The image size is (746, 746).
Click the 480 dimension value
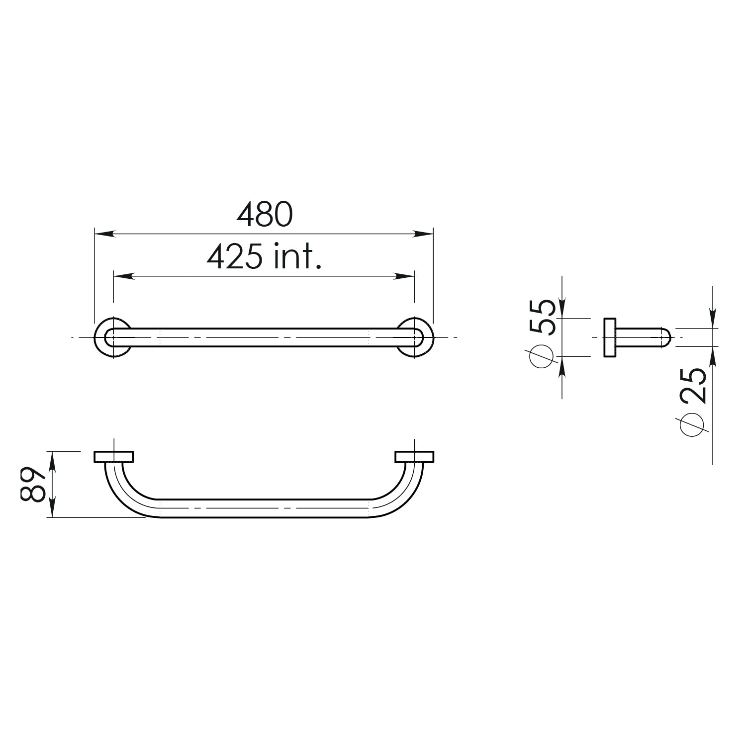265,215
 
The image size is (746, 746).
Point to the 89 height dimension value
34,484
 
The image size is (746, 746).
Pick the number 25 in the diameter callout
692,385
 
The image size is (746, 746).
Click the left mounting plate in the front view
114,456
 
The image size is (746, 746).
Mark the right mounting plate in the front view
415,456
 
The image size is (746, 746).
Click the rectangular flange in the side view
610,337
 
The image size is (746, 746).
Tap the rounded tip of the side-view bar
666,337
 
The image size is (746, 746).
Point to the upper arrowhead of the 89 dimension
52,457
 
